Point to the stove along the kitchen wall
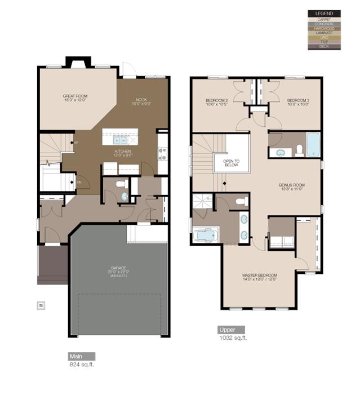(162, 151)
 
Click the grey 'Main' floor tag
(81, 356)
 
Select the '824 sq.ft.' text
(81, 365)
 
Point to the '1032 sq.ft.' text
(232, 338)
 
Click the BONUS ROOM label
(291, 187)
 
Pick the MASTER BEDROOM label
(259, 277)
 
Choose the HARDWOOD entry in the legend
(324, 28)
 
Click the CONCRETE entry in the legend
(324, 24)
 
